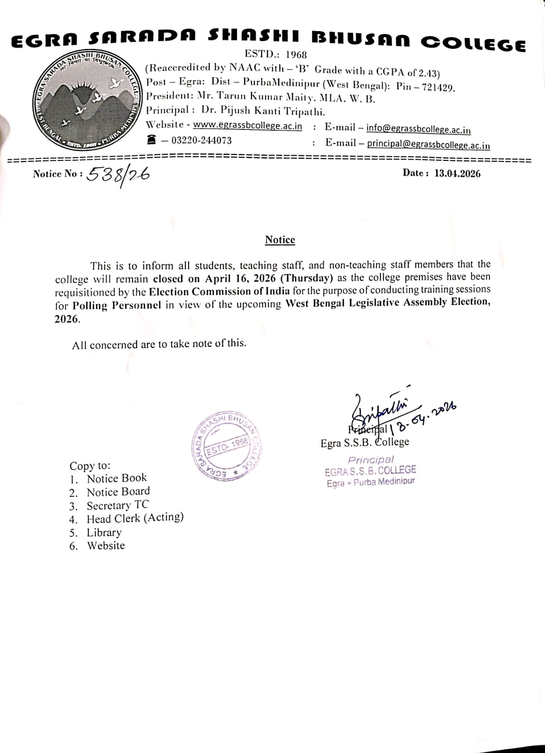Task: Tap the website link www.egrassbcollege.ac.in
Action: [247, 126]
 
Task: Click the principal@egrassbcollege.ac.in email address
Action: [428, 144]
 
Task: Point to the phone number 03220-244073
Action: [201, 140]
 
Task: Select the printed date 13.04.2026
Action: [457, 174]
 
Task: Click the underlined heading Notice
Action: [280, 240]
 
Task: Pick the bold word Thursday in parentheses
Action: [307, 278]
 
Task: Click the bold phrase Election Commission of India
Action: [219, 291]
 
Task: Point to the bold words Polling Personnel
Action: [117, 305]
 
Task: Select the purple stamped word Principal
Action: [371, 459]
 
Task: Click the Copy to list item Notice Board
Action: [118, 492]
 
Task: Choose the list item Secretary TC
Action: [118, 505]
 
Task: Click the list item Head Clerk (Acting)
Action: [135, 519]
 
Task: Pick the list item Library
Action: [104, 532]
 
